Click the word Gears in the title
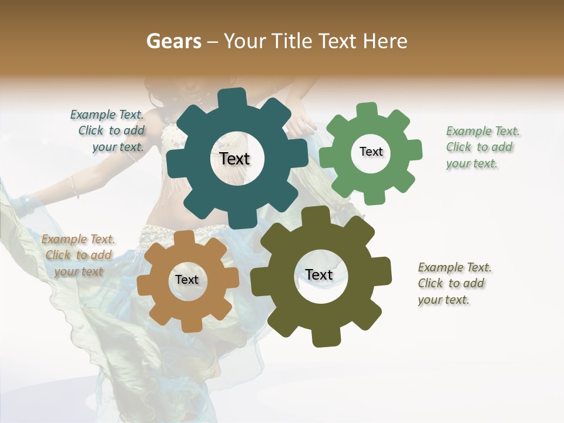[173, 41]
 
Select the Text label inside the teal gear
[234, 159]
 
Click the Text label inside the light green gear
[371, 152]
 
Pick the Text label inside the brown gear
[187, 280]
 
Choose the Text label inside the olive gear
[319, 274]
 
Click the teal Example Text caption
[109, 130]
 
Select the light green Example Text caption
[482, 147]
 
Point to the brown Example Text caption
[78, 255]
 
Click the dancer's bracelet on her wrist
[74, 187]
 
